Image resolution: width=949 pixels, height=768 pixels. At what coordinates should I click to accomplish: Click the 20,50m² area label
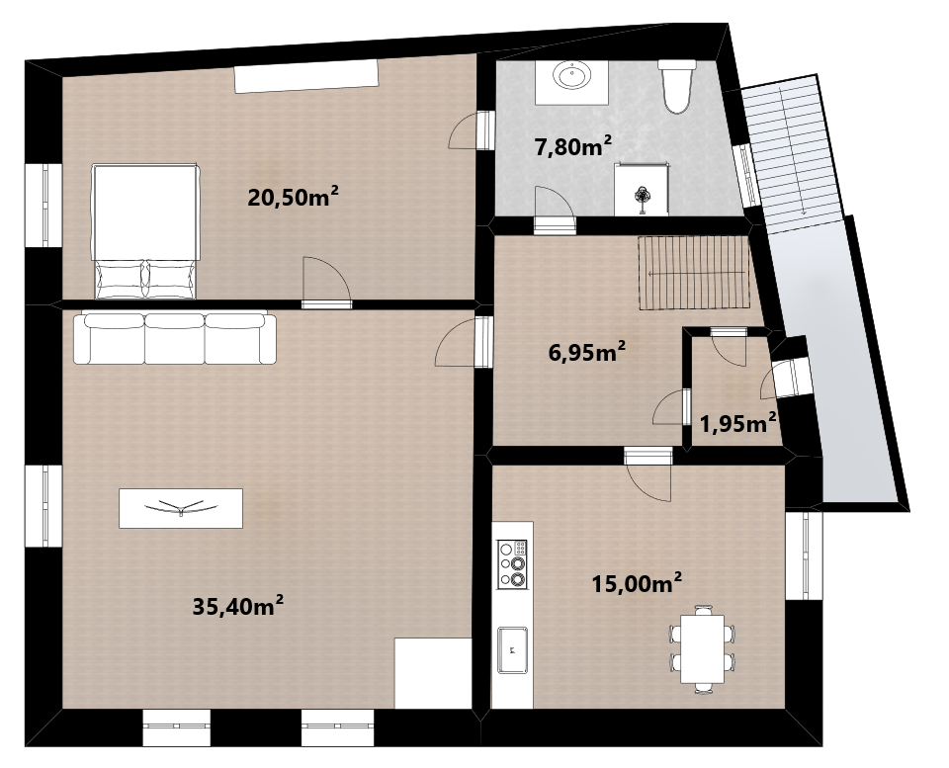click(x=293, y=197)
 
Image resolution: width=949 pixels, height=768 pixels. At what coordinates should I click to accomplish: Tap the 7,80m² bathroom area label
click(x=572, y=146)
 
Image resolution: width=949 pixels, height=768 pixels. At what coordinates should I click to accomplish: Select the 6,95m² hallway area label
click(x=586, y=351)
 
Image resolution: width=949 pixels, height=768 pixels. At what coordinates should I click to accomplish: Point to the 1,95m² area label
click(x=738, y=423)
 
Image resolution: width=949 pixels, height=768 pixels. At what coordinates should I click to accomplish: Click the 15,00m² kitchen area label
click(x=637, y=584)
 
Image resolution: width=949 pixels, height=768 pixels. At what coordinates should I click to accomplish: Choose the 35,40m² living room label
click(x=238, y=606)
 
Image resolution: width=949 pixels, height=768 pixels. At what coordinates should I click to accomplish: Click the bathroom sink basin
click(x=572, y=77)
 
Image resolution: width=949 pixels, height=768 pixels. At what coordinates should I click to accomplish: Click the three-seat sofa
click(x=175, y=338)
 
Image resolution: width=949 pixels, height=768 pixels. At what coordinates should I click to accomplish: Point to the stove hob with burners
click(x=512, y=564)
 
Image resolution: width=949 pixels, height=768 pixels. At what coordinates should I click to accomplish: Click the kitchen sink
click(x=512, y=650)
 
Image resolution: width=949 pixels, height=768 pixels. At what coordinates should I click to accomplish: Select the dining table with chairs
click(x=702, y=649)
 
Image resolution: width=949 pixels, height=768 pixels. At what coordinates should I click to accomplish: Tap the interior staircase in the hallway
click(x=694, y=273)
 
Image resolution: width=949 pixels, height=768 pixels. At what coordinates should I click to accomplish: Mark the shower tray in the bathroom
click(x=642, y=189)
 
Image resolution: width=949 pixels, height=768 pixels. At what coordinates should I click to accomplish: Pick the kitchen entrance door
click(x=648, y=474)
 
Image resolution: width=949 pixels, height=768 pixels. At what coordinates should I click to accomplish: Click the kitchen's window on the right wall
click(x=805, y=555)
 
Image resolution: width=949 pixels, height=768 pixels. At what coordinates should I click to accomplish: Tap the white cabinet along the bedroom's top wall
click(x=306, y=76)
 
